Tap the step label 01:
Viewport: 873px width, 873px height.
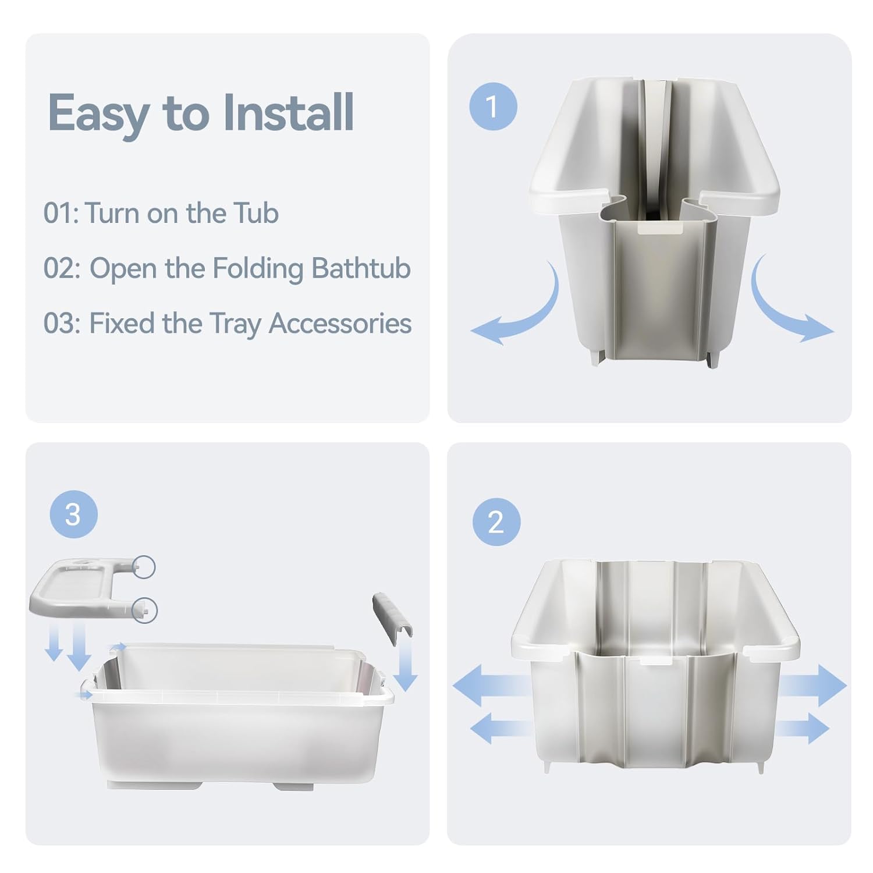coord(61,214)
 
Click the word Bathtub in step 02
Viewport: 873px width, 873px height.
coord(361,268)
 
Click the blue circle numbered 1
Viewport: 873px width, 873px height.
coord(493,107)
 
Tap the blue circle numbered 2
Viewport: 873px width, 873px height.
coord(496,522)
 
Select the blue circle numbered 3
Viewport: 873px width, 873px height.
coord(73,514)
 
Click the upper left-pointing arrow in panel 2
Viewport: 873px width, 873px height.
coord(492,686)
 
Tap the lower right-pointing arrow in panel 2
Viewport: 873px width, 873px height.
coord(802,727)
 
